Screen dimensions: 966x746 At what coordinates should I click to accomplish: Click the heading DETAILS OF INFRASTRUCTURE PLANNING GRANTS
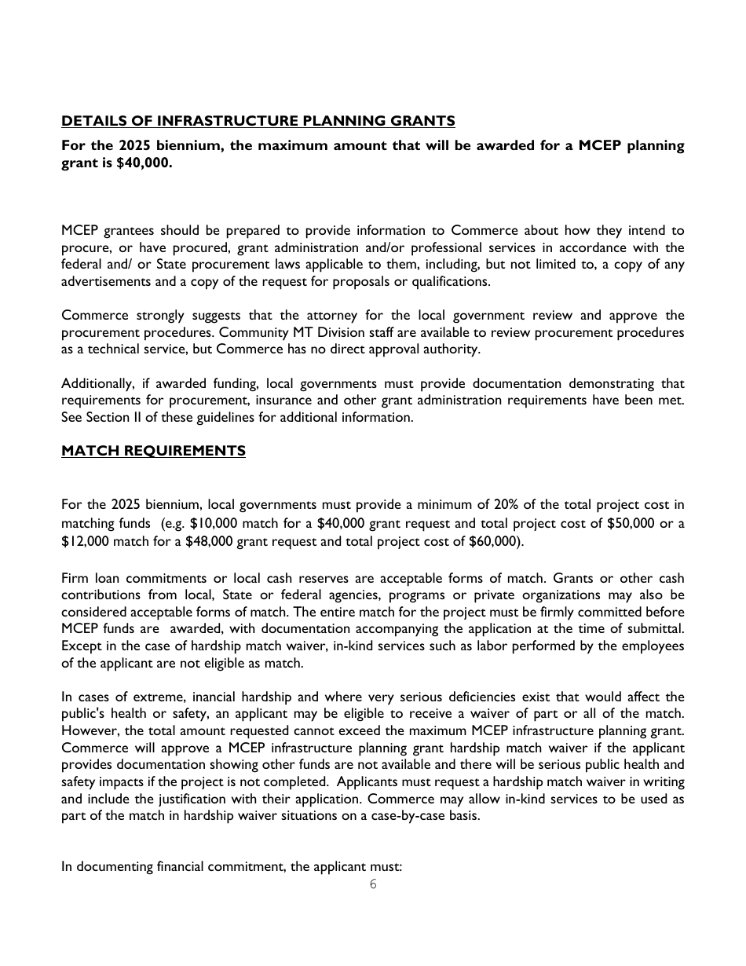tap(258, 121)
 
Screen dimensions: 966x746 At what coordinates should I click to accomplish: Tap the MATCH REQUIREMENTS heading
tap(153, 451)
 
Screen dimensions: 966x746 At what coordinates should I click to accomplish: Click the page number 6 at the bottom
tap(373, 884)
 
